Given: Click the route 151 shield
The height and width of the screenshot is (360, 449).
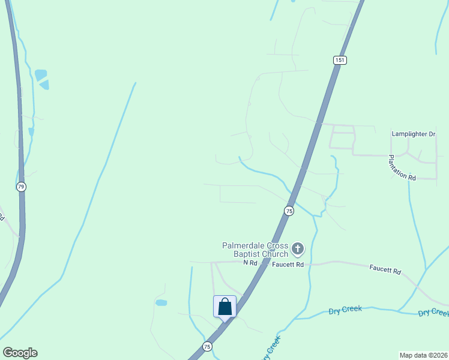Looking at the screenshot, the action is click(340, 60).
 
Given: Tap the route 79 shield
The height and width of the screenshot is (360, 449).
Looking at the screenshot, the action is click(22, 187).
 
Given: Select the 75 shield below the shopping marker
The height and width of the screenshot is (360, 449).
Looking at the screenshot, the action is click(207, 346).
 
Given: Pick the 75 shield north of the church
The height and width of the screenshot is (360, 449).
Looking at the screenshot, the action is click(289, 211).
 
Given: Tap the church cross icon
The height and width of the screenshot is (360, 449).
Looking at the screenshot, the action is click(298, 248).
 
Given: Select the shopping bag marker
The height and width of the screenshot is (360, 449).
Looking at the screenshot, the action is click(224, 307).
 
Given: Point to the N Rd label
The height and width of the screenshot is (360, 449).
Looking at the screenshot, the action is click(250, 263).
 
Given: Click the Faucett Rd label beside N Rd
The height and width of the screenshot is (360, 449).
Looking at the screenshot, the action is click(288, 264).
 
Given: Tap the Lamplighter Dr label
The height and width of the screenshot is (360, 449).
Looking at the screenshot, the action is click(413, 134).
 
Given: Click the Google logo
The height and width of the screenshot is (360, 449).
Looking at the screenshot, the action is click(20, 353).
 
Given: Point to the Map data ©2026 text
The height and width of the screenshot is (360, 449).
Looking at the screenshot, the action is click(424, 355).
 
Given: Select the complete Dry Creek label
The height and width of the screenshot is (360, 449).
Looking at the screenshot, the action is click(345, 310).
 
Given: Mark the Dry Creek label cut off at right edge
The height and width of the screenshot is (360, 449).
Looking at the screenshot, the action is click(433, 313).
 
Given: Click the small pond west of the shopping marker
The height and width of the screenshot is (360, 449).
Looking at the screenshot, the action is click(161, 303).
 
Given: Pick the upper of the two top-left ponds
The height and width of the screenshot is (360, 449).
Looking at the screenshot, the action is click(41, 74).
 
